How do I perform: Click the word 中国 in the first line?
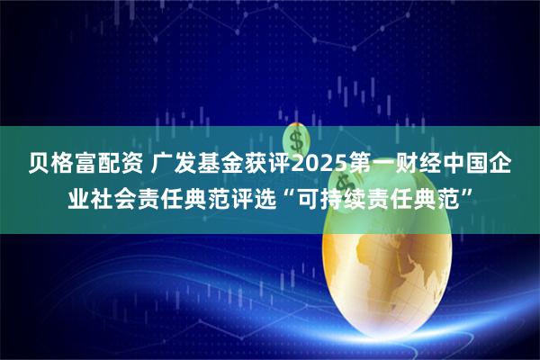pos(469,165)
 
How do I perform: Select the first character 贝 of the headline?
pos(40,165)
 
